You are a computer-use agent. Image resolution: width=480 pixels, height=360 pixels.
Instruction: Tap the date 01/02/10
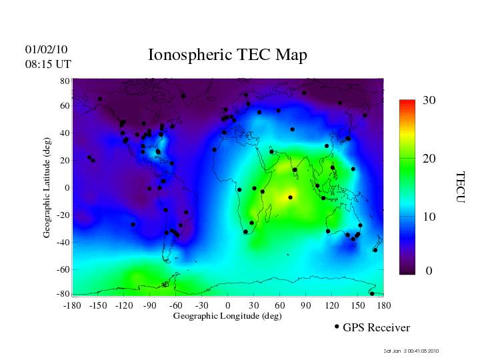[x=46, y=49]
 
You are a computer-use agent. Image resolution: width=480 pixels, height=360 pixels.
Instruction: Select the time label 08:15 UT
[x=48, y=64]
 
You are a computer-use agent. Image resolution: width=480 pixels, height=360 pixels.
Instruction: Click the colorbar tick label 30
[x=429, y=100]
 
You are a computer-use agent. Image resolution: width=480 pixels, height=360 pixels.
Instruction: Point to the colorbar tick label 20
[x=429, y=160]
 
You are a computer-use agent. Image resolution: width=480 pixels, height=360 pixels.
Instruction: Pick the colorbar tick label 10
[x=429, y=217]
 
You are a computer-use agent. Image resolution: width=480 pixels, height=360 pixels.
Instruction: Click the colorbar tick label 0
[x=429, y=271]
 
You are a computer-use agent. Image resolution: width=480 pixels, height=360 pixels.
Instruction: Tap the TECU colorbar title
[x=459, y=187]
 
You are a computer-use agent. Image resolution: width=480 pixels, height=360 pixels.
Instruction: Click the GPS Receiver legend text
[x=376, y=327]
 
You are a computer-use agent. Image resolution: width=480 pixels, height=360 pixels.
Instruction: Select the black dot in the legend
[x=337, y=327]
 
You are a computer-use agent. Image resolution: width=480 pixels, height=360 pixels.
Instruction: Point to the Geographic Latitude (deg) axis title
[x=47, y=192]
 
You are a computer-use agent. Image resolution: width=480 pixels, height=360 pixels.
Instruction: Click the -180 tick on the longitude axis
[x=71, y=305]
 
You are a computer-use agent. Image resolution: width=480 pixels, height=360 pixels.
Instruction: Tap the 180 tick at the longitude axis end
[x=384, y=305]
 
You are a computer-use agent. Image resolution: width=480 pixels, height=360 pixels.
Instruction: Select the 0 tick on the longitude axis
[x=228, y=305]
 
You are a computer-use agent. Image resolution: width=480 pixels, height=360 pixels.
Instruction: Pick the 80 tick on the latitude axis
[x=65, y=81]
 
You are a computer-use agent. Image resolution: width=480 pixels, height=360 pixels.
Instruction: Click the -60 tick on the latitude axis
[x=63, y=270]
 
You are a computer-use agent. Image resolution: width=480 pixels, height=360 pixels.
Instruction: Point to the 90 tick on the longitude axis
[x=306, y=305]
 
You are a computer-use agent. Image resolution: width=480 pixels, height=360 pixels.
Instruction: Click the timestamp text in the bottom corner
[x=411, y=351]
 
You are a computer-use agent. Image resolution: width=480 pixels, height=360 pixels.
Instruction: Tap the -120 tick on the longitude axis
[x=123, y=305]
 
